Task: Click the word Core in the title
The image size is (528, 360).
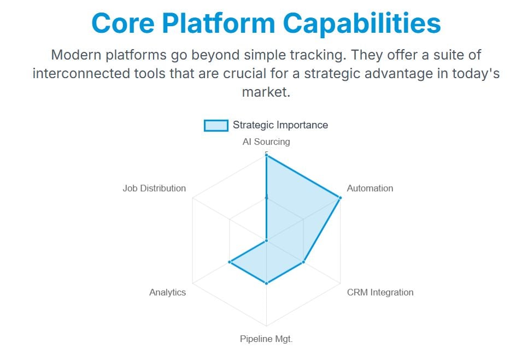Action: (x=123, y=23)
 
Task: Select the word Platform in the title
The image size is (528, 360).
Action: (x=219, y=23)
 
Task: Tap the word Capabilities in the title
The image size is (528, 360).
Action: (x=362, y=23)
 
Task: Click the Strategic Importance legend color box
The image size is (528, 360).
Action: (x=216, y=125)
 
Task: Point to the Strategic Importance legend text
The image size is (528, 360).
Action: (x=280, y=125)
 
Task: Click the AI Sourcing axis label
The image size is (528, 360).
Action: (x=266, y=141)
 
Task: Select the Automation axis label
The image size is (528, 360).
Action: (x=369, y=188)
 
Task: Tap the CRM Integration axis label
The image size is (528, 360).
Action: (x=380, y=292)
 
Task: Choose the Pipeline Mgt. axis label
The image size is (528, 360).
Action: (x=266, y=339)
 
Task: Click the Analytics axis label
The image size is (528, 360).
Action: (x=167, y=292)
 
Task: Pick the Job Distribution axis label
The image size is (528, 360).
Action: (x=154, y=188)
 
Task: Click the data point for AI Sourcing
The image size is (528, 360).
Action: (x=266, y=155)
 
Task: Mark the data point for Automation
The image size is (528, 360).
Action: (x=340, y=198)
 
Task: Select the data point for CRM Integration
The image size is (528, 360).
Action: (x=303, y=262)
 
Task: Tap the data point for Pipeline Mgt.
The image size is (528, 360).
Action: (x=266, y=284)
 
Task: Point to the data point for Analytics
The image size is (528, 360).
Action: (x=230, y=262)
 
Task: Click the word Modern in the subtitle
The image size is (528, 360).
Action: (x=76, y=55)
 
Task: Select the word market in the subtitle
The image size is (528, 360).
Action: (x=266, y=92)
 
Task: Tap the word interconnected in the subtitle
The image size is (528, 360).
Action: (x=81, y=73)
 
